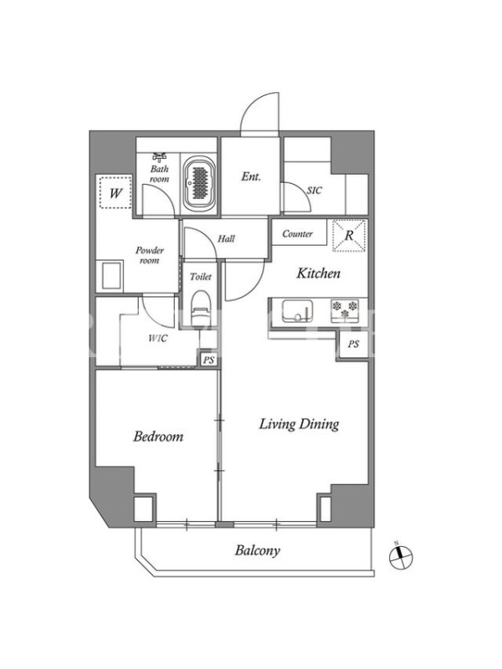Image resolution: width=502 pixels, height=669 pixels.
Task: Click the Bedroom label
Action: [x=158, y=437]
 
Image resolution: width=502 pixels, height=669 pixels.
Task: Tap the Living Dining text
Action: [x=300, y=424]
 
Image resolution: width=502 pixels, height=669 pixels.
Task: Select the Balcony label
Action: [x=258, y=550]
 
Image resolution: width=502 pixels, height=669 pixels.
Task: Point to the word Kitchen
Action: [x=319, y=273]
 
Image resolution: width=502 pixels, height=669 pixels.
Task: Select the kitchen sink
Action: [x=297, y=310]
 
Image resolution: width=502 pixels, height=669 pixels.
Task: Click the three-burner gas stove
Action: [x=345, y=309]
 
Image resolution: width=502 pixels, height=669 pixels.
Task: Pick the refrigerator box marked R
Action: [x=349, y=236]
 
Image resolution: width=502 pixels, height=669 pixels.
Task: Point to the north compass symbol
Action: [x=402, y=556]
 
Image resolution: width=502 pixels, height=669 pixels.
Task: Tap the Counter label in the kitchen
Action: [x=298, y=234]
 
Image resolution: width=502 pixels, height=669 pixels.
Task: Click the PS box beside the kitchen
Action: [x=353, y=344]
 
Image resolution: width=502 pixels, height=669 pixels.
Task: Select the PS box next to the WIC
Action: [x=208, y=360]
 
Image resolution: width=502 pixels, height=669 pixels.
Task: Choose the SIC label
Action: [x=315, y=191]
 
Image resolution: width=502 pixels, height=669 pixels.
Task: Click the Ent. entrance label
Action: [x=251, y=176]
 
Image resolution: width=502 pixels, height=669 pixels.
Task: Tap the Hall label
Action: [x=226, y=238]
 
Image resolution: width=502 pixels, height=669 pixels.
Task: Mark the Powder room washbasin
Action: [x=111, y=275]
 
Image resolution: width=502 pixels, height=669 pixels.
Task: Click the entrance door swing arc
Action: [x=256, y=107]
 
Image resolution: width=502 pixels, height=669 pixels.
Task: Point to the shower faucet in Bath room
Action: [x=160, y=157]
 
